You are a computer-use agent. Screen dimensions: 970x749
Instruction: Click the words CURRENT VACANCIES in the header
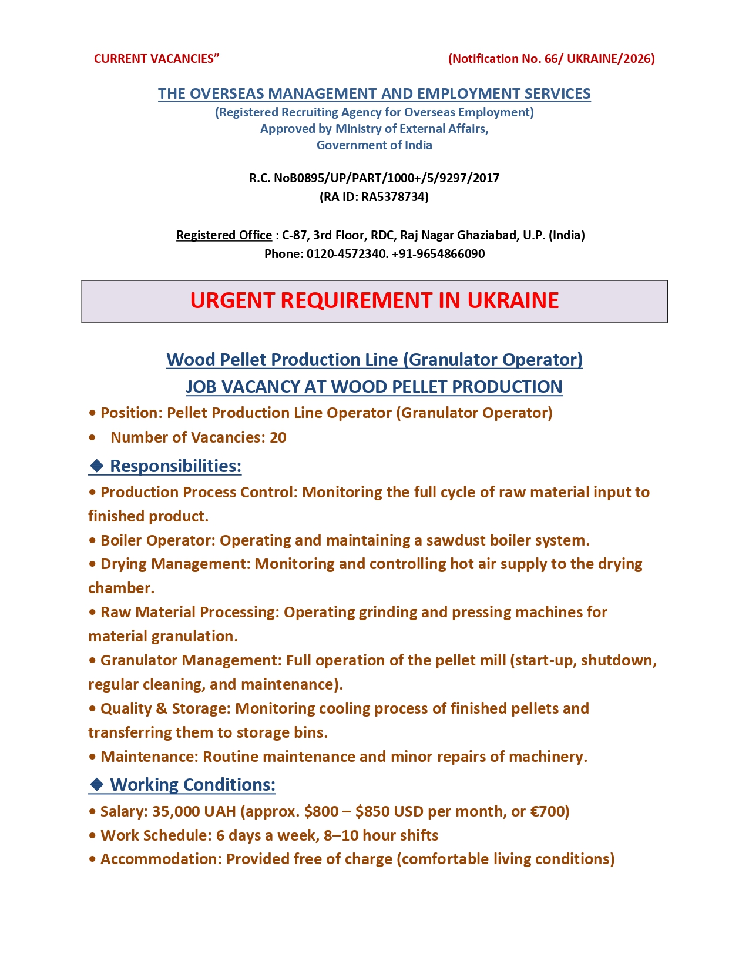(x=154, y=59)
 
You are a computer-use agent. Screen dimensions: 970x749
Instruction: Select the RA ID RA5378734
(x=394, y=197)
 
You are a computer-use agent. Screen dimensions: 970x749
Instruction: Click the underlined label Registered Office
(x=224, y=235)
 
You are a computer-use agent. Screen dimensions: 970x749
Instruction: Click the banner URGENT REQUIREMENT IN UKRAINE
(x=374, y=300)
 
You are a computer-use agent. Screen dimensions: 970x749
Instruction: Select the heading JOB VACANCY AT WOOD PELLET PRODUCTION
(x=374, y=387)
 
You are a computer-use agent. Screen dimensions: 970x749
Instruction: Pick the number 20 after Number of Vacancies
(x=278, y=437)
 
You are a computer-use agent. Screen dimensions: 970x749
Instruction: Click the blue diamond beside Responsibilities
(x=96, y=466)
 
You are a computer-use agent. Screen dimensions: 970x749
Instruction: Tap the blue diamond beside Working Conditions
(x=96, y=785)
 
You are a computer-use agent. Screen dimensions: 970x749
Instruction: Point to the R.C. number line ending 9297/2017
(x=374, y=178)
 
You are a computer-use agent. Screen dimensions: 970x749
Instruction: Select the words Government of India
(x=374, y=145)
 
